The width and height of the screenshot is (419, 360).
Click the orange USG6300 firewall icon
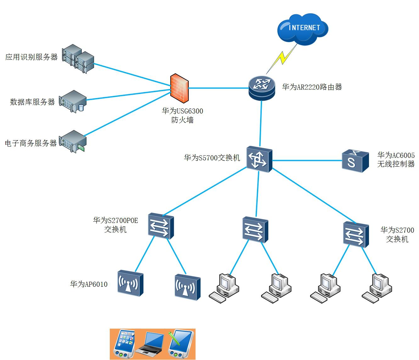click(x=179, y=88)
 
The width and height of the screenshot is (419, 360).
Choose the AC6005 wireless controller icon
click(x=355, y=161)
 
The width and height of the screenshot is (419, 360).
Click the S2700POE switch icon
click(x=161, y=226)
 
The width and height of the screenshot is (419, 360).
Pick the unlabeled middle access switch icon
click(x=255, y=230)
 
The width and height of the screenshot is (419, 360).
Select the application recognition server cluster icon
click(x=78, y=58)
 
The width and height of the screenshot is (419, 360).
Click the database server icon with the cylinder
click(x=73, y=101)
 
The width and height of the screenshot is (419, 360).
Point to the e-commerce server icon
click(x=73, y=142)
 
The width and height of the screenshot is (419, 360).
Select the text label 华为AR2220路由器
click(x=312, y=87)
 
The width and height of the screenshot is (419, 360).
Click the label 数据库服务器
click(x=32, y=102)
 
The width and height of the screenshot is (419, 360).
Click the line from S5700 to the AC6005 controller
click(x=307, y=161)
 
